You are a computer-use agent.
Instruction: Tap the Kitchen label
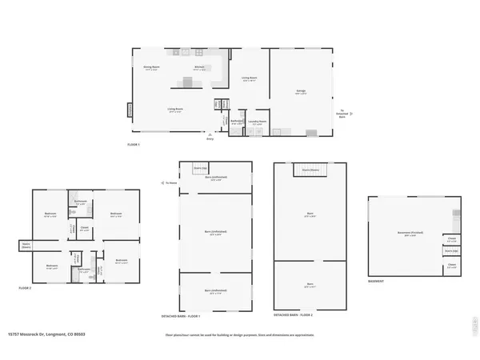(x=200, y=67)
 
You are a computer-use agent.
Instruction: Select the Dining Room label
(x=150, y=67)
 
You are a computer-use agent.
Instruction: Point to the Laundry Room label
(x=257, y=122)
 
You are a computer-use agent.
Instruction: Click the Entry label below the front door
(x=210, y=138)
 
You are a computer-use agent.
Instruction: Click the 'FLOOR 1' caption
(x=134, y=144)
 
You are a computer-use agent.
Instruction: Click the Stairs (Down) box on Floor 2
(x=26, y=246)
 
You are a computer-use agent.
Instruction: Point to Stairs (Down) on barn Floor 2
(x=310, y=170)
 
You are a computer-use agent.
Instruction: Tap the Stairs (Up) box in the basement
(x=451, y=250)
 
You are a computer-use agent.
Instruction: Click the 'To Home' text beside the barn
(x=170, y=182)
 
